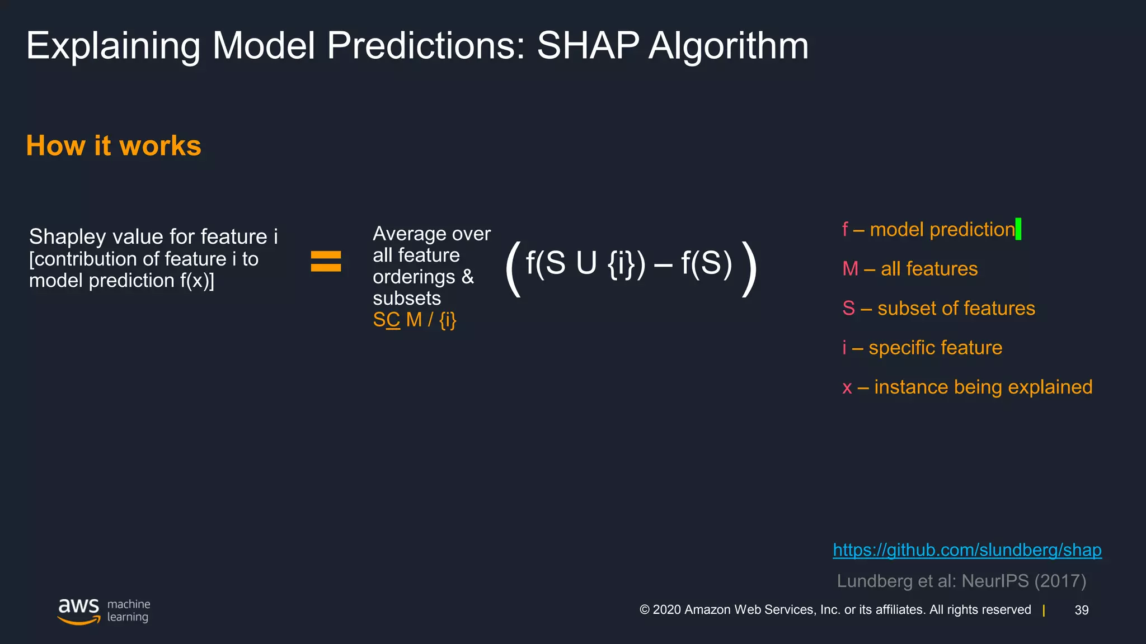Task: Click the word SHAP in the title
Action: coord(588,46)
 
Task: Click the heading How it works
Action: coord(114,146)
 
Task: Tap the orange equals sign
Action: coord(326,262)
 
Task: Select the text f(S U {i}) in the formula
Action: coord(585,263)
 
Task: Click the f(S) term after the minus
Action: coord(706,263)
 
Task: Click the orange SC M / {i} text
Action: coord(415,320)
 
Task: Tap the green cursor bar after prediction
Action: coord(1018,229)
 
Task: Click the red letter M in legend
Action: coord(850,269)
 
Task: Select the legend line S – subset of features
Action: coord(938,309)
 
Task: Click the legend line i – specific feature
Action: coord(922,348)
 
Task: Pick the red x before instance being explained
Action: coord(847,387)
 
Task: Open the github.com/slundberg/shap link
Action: coord(967,550)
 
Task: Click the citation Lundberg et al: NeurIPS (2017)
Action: coord(961,581)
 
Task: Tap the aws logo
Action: coord(79,610)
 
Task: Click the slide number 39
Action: coord(1081,610)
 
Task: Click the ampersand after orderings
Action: coord(468,277)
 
